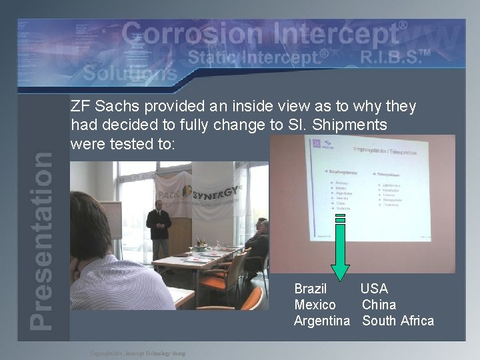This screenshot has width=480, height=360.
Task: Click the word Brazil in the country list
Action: coord(311,289)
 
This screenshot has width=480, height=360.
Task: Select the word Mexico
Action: coord(315,305)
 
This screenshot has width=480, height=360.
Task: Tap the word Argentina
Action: coord(322,321)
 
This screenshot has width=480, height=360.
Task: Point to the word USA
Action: coord(374,289)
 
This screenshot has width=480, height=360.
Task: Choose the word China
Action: coord(379,305)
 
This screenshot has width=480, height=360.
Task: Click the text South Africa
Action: coord(398,321)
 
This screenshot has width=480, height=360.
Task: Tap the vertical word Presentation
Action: coord(42,240)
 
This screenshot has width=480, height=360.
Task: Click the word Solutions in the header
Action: coord(130,73)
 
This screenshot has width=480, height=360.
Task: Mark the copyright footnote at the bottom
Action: coord(138,353)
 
